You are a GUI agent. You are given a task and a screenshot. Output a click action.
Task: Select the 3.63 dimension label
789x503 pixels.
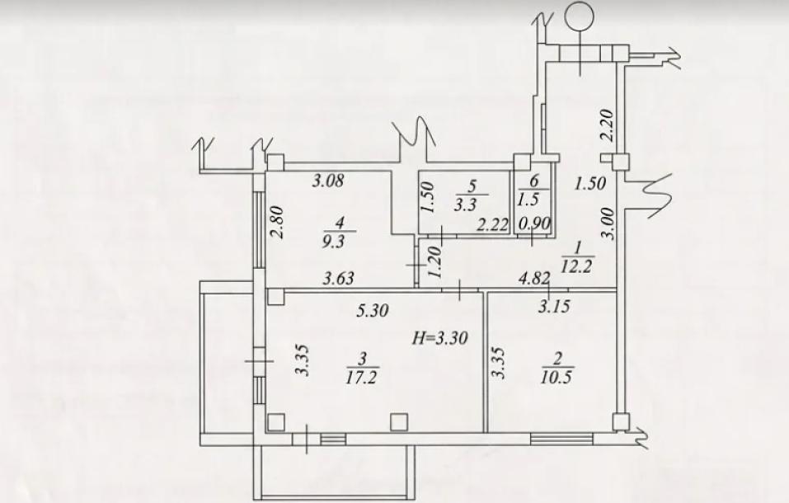coord(338,279)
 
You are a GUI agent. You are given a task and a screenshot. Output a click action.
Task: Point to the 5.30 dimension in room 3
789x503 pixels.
coord(373,312)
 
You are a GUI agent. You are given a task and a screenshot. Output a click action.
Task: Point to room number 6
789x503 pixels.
coord(533,181)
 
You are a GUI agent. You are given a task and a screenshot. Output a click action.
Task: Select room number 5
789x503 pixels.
coord(471,186)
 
